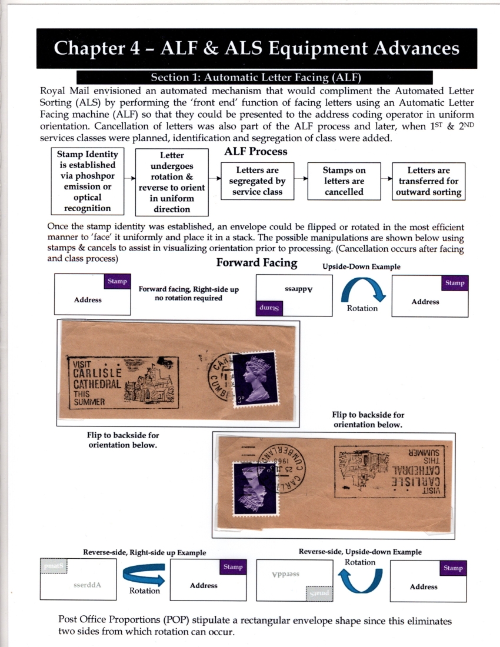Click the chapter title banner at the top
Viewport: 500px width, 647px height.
[256, 48]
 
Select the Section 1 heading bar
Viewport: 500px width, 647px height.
[255, 77]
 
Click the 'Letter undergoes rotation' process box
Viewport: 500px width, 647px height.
[172, 182]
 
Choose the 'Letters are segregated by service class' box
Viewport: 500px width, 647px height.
[256, 181]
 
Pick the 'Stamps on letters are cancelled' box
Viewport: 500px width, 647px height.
[344, 181]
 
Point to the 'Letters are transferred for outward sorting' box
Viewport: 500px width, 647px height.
[429, 181]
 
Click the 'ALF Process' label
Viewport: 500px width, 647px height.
[256, 152]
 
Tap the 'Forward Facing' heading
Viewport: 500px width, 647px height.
[256, 262]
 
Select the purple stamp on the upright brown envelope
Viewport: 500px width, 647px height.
[254, 379]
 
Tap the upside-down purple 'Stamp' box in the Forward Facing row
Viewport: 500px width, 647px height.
[270, 307]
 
